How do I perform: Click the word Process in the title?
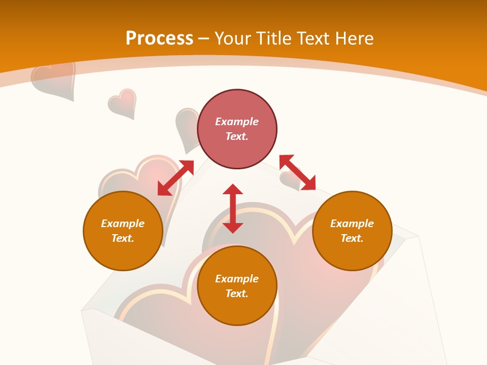[x=159, y=38]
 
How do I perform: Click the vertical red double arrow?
[x=233, y=208]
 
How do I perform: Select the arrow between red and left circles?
[x=176, y=178]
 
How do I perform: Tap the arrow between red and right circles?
[x=297, y=173]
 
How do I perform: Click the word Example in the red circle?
[x=237, y=122]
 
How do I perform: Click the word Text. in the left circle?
[x=123, y=238]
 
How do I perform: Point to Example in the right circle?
[x=352, y=224]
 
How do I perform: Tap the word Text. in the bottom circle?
[x=237, y=294]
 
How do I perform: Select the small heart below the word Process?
[x=123, y=102]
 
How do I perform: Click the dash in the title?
[x=204, y=39]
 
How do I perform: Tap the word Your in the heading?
[x=233, y=38]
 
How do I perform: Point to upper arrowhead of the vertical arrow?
[x=233, y=190]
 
